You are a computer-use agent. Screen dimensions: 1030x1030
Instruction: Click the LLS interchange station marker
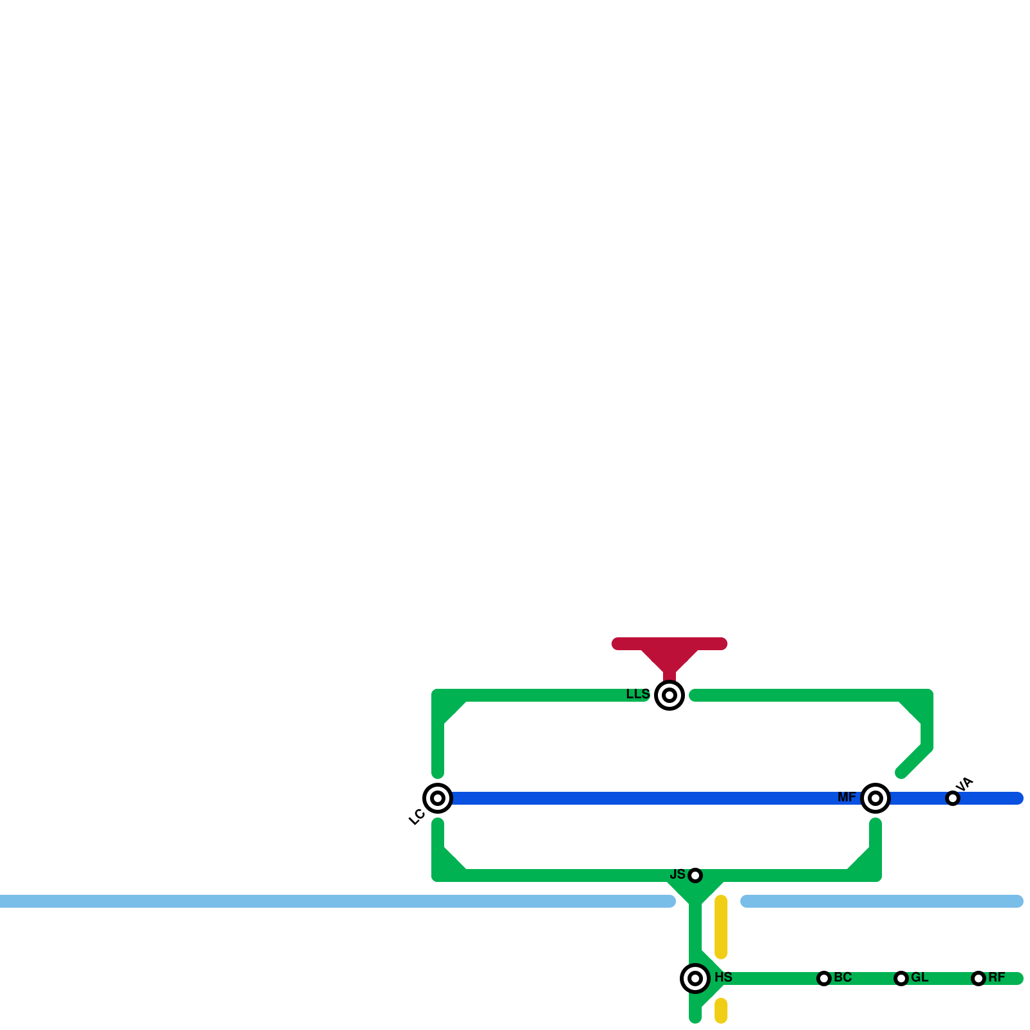pyautogui.click(x=669, y=695)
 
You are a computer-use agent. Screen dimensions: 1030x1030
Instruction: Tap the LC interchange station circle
pyautogui.click(x=438, y=798)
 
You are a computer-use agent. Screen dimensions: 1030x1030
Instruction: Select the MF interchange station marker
pyautogui.click(x=876, y=798)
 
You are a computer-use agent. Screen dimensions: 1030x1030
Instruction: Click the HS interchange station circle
pyautogui.click(x=695, y=979)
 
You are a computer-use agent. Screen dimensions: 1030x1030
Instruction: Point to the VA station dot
pyautogui.click(x=953, y=798)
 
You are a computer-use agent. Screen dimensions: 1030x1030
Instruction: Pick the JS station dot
pyautogui.click(x=695, y=876)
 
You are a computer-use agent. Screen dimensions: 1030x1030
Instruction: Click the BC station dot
pyautogui.click(x=824, y=979)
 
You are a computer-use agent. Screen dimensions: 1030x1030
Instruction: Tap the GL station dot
pyautogui.click(x=901, y=979)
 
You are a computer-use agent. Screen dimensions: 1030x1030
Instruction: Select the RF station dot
pyautogui.click(x=979, y=979)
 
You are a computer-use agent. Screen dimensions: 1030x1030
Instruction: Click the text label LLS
pyautogui.click(x=638, y=695)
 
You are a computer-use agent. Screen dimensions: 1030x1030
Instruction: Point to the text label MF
pyautogui.click(x=847, y=798)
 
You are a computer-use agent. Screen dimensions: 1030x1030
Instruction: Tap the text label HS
pyautogui.click(x=724, y=977)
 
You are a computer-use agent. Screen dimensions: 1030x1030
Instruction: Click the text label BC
pyautogui.click(x=843, y=978)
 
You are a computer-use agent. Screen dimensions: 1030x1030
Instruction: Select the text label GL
pyautogui.click(x=919, y=978)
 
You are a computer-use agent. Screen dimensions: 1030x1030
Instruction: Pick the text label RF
pyautogui.click(x=997, y=978)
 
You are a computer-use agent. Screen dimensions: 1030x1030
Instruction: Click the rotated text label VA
pyautogui.click(x=964, y=785)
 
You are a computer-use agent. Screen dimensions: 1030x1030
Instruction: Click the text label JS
pyautogui.click(x=678, y=874)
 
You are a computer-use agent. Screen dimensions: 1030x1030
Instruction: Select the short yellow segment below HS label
pyautogui.click(x=721, y=1011)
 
